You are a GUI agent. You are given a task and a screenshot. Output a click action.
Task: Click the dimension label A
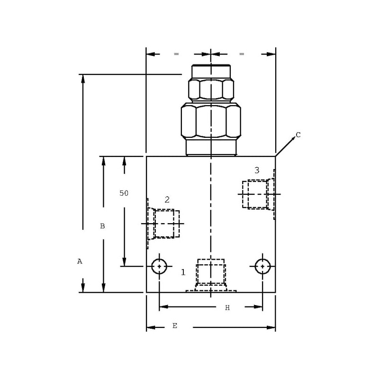pyautogui.click(x=80, y=262)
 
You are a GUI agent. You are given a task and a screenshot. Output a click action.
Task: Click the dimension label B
pyautogui.click(x=102, y=226)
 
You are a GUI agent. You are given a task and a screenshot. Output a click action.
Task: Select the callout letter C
pyautogui.click(x=298, y=135)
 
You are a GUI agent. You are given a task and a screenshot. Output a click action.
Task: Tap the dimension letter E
pyautogui.click(x=175, y=325)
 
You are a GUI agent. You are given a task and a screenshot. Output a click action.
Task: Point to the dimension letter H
pyautogui.click(x=227, y=307)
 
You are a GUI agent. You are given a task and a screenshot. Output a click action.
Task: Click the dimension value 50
pyautogui.click(x=124, y=193)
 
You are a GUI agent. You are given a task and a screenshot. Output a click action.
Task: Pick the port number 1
pyautogui.click(x=183, y=272)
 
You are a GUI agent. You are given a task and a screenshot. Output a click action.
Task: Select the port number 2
pyautogui.click(x=167, y=199)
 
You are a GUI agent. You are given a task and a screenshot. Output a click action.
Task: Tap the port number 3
pyautogui.click(x=257, y=171)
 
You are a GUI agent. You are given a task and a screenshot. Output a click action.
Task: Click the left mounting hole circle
pyautogui.click(x=159, y=259)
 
